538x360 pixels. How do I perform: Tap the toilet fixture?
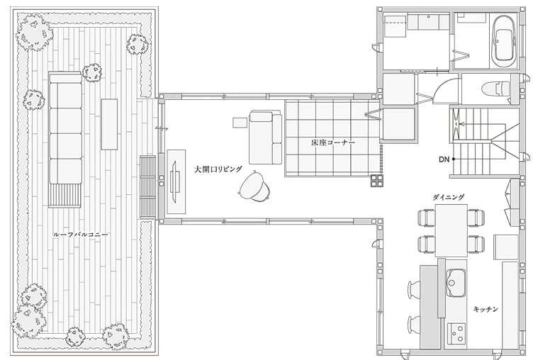coord(495,89)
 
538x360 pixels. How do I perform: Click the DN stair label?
coord(444,159)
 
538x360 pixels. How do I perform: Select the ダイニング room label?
coord(448,197)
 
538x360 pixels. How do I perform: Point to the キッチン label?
coord(486,309)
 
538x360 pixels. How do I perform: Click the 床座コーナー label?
coord(333,142)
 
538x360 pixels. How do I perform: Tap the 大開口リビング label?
coord(218,169)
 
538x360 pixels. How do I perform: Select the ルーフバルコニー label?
coord(80,235)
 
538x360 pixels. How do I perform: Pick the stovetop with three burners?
coord(456,332)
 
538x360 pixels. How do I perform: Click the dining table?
coord(452,230)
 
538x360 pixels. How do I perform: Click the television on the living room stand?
coord(174,181)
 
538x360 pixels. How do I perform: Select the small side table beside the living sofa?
coord(240,123)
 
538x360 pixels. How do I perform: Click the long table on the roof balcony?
coord(109,124)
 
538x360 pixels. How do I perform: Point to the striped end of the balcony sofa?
coord(65,196)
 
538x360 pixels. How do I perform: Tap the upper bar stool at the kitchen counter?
coord(415,288)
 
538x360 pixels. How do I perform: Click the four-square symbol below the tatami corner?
coord(376,181)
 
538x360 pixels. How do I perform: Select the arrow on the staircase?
coord(466,123)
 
